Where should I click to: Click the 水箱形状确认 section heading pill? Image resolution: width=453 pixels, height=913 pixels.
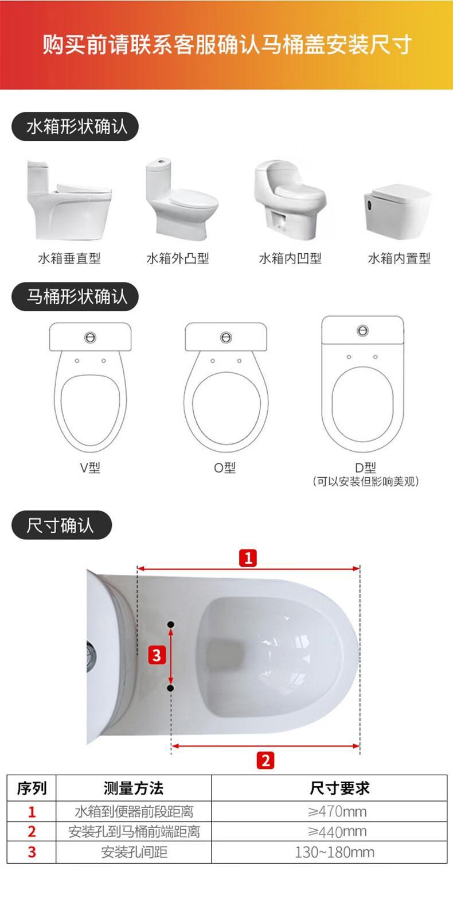[75, 127]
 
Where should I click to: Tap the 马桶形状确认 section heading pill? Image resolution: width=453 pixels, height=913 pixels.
[75, 296]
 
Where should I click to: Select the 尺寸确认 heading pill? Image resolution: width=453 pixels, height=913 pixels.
[61, 525]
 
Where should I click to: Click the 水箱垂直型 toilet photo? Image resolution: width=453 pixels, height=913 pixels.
[69, 200]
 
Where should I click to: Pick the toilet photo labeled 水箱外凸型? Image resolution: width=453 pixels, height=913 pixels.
[181, 198]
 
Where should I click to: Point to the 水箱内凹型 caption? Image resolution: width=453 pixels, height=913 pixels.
[290, 258]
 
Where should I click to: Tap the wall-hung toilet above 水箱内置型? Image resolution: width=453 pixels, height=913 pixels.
[397, 211]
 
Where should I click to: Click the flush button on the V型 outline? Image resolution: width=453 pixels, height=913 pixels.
[91, 338]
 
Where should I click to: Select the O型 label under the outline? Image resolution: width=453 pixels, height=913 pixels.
[225, 467]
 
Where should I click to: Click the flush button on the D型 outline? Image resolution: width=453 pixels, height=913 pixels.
[362, 331]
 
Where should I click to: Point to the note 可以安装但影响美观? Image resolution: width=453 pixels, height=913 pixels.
[365, 482]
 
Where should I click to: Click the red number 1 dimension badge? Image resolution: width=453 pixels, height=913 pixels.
[248, 558]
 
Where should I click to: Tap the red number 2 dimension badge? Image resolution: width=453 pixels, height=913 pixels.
[265, 761]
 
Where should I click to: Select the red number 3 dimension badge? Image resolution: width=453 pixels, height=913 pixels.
[157, 655]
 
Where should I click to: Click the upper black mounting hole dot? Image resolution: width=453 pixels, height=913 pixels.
[171, 624]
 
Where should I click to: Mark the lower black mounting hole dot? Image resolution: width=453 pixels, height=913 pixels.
[171, 688]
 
